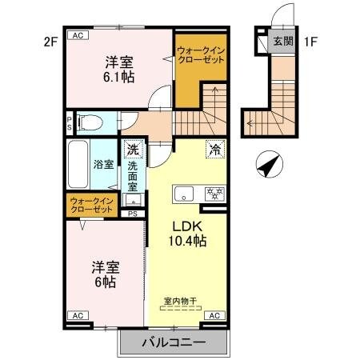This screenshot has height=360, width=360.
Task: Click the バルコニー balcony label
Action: pyautogui.click(x=174, y=342)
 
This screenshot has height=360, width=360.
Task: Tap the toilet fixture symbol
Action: pyautogui.click(x=90, y=122)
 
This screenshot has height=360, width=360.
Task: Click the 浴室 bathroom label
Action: pyautogui.click(x=103, y=165)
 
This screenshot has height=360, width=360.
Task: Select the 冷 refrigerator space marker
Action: pyautogui.click(x=214, y=148)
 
